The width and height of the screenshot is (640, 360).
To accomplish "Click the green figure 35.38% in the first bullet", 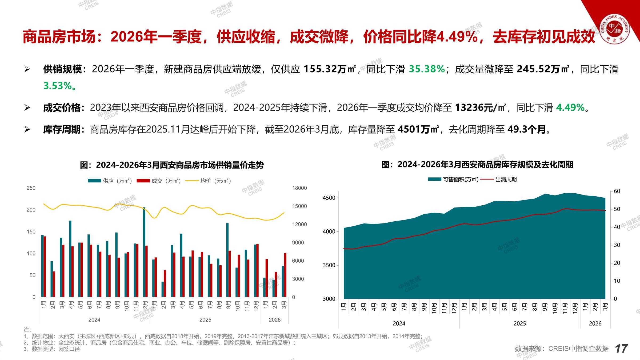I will point(427,69).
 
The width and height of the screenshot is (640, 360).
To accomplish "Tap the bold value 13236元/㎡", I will point(480,108).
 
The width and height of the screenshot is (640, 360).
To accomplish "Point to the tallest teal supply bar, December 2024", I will point(144,252).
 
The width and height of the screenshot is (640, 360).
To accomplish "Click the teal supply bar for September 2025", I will point(227,260).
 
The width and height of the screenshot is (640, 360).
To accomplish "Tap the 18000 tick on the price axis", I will point(299,188).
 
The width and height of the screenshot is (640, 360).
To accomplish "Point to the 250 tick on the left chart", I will point(31,188).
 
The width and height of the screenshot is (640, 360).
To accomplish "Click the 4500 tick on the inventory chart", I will point(329,198).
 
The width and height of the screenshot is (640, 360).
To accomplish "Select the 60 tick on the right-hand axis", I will point(617,191).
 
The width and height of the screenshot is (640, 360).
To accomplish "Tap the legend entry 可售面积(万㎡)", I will point(453,179).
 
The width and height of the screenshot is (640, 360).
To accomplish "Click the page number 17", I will point(621,349).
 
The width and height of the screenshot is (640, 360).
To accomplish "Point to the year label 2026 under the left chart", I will point(274,320).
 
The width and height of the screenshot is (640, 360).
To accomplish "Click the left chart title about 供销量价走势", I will point(172,165).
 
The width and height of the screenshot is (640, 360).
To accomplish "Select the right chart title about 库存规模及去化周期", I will point(477,165).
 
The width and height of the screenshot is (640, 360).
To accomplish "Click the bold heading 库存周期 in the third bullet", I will point(62,130).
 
